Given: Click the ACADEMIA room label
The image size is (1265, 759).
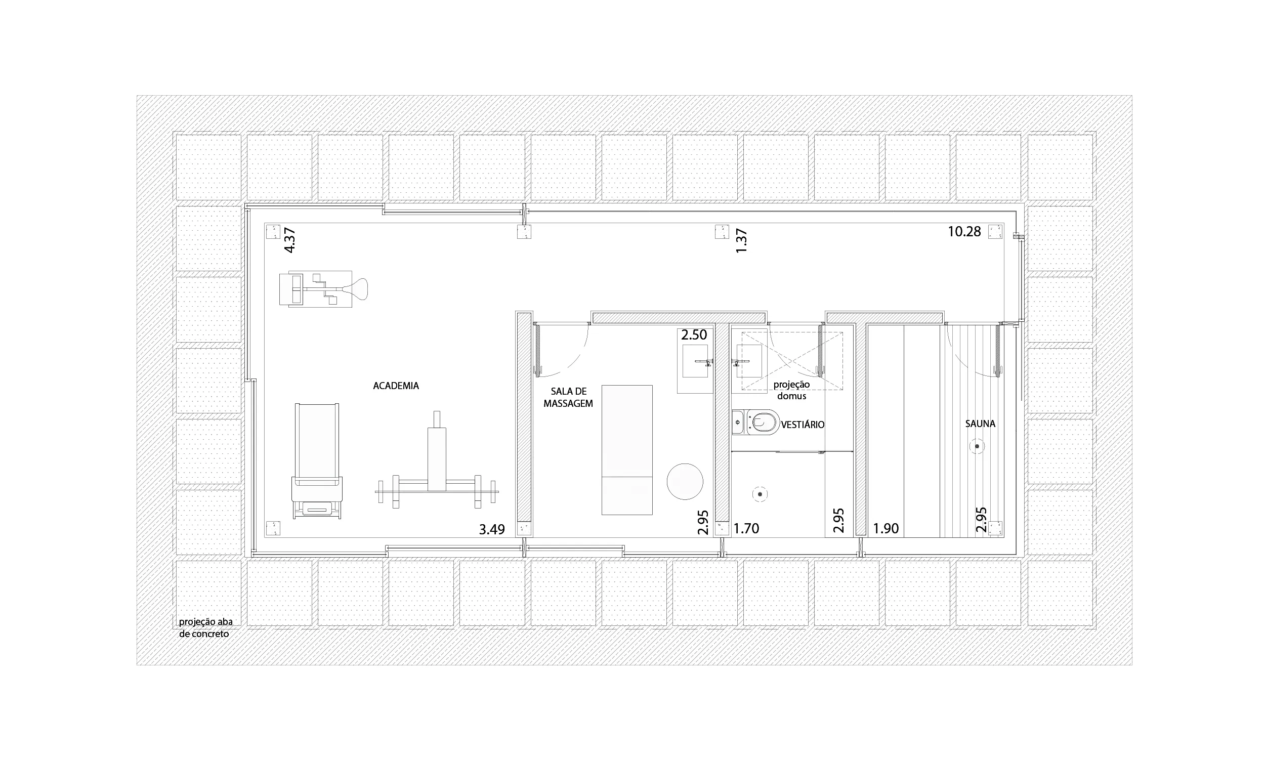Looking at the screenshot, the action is [x=396, y=386].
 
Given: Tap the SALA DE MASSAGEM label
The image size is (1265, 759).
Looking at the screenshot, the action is [x=568, y=397].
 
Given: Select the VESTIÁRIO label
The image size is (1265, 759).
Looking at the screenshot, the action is [x=803, y=425].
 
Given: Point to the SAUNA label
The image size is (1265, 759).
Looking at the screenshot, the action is [x=980, y=424].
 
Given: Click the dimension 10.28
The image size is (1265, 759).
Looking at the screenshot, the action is [x=964, y=232].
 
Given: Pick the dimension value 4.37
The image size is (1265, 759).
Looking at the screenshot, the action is [x=290, y=240].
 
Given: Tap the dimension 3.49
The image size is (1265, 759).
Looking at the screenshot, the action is [x=492, y=529].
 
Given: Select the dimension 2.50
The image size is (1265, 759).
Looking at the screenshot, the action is [x=694, y=335].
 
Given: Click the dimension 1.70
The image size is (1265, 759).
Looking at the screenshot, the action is [x=746, y=528].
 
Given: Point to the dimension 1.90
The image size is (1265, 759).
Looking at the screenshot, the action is [x=885, y=528].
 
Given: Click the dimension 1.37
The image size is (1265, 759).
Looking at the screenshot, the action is [x=741, y=240].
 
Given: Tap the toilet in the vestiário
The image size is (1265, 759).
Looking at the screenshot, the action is [x=756, y=422].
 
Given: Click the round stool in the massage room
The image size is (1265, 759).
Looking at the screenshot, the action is [x=685, y=481].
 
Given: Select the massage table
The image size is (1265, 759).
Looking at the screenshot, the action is [x=627, y=449].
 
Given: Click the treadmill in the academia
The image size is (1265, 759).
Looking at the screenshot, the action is [x=317, y=461].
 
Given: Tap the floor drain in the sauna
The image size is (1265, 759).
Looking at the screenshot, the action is [x=977, y=446].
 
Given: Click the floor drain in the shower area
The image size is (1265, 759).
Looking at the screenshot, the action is [x=761, y=494].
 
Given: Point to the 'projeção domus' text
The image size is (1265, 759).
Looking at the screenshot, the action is [x=791, y=390].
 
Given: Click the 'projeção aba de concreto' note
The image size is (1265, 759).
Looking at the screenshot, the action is [x=205, y=628].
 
